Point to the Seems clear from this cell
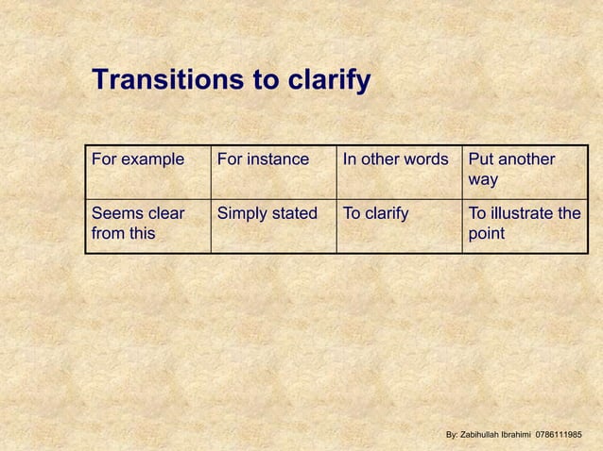(138, 224)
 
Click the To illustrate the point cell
(525, 224)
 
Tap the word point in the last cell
(487, 233)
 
